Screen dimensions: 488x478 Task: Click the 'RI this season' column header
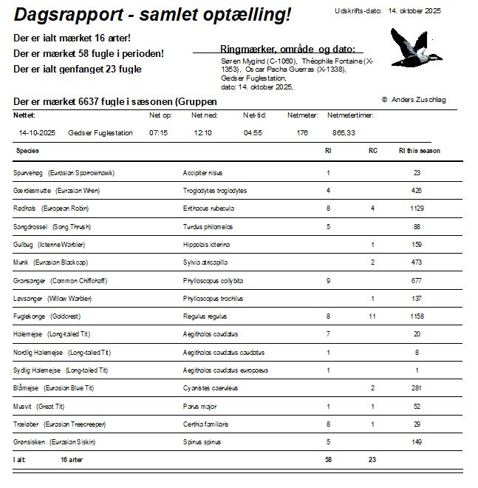(419, 151)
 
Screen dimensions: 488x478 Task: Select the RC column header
(373, 151)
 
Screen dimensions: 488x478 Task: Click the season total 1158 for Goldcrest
(417, 316)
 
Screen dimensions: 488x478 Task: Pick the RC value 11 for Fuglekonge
(372, 316)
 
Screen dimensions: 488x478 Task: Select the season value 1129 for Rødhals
(417, 209)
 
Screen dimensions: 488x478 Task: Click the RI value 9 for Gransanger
(328, 281)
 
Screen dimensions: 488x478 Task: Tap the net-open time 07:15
(158, 133)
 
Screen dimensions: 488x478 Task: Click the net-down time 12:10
(202, 133)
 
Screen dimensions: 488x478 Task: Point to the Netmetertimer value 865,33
(344, 133)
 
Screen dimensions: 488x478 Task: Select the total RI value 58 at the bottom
(328, 460)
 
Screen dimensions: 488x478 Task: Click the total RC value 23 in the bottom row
(372, 460)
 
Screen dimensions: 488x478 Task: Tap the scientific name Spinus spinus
(202, 442)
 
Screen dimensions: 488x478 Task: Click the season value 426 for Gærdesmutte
(417, 191)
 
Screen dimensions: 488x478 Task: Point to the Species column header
(27, 151)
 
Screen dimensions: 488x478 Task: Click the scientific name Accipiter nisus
(202, 173)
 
